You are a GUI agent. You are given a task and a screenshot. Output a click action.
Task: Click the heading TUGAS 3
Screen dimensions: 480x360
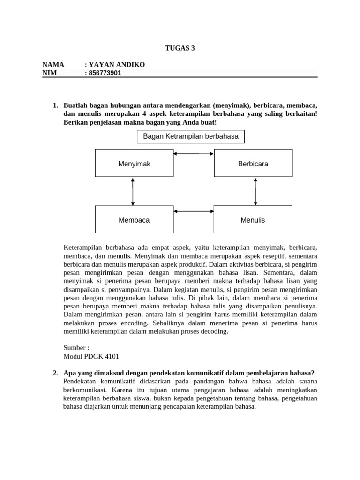(180, 47)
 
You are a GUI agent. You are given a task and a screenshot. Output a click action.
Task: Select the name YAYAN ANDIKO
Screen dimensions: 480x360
(114, 64)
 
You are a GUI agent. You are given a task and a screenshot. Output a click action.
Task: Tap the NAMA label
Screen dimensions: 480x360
(53, 64)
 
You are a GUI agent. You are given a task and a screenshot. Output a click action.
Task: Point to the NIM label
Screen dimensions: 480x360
(49, 73)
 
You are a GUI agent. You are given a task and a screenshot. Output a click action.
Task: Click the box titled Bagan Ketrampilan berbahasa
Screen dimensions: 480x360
(190, 137)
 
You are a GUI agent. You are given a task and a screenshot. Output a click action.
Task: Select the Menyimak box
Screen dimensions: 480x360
(134, 164)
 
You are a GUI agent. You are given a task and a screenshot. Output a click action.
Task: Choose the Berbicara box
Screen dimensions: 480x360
(253, 164)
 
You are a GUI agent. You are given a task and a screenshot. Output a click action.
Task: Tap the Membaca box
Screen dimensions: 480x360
(134, 219)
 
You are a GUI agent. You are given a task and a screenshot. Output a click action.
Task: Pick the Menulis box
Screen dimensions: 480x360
(253, 219)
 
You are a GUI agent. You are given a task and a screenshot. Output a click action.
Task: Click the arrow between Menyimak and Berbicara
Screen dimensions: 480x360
(194, 153)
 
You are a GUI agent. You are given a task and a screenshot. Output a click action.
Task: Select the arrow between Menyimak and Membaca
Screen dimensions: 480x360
(133, 192)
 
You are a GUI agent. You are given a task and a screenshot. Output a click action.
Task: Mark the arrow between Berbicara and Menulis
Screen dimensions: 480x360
(255, 192)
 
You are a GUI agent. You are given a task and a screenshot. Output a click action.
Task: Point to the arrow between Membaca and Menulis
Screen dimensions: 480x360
(194, 211)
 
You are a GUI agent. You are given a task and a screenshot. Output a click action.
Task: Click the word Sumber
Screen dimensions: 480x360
(74, 348)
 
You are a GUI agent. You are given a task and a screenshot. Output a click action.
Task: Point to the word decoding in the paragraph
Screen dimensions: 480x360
(213, 331)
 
